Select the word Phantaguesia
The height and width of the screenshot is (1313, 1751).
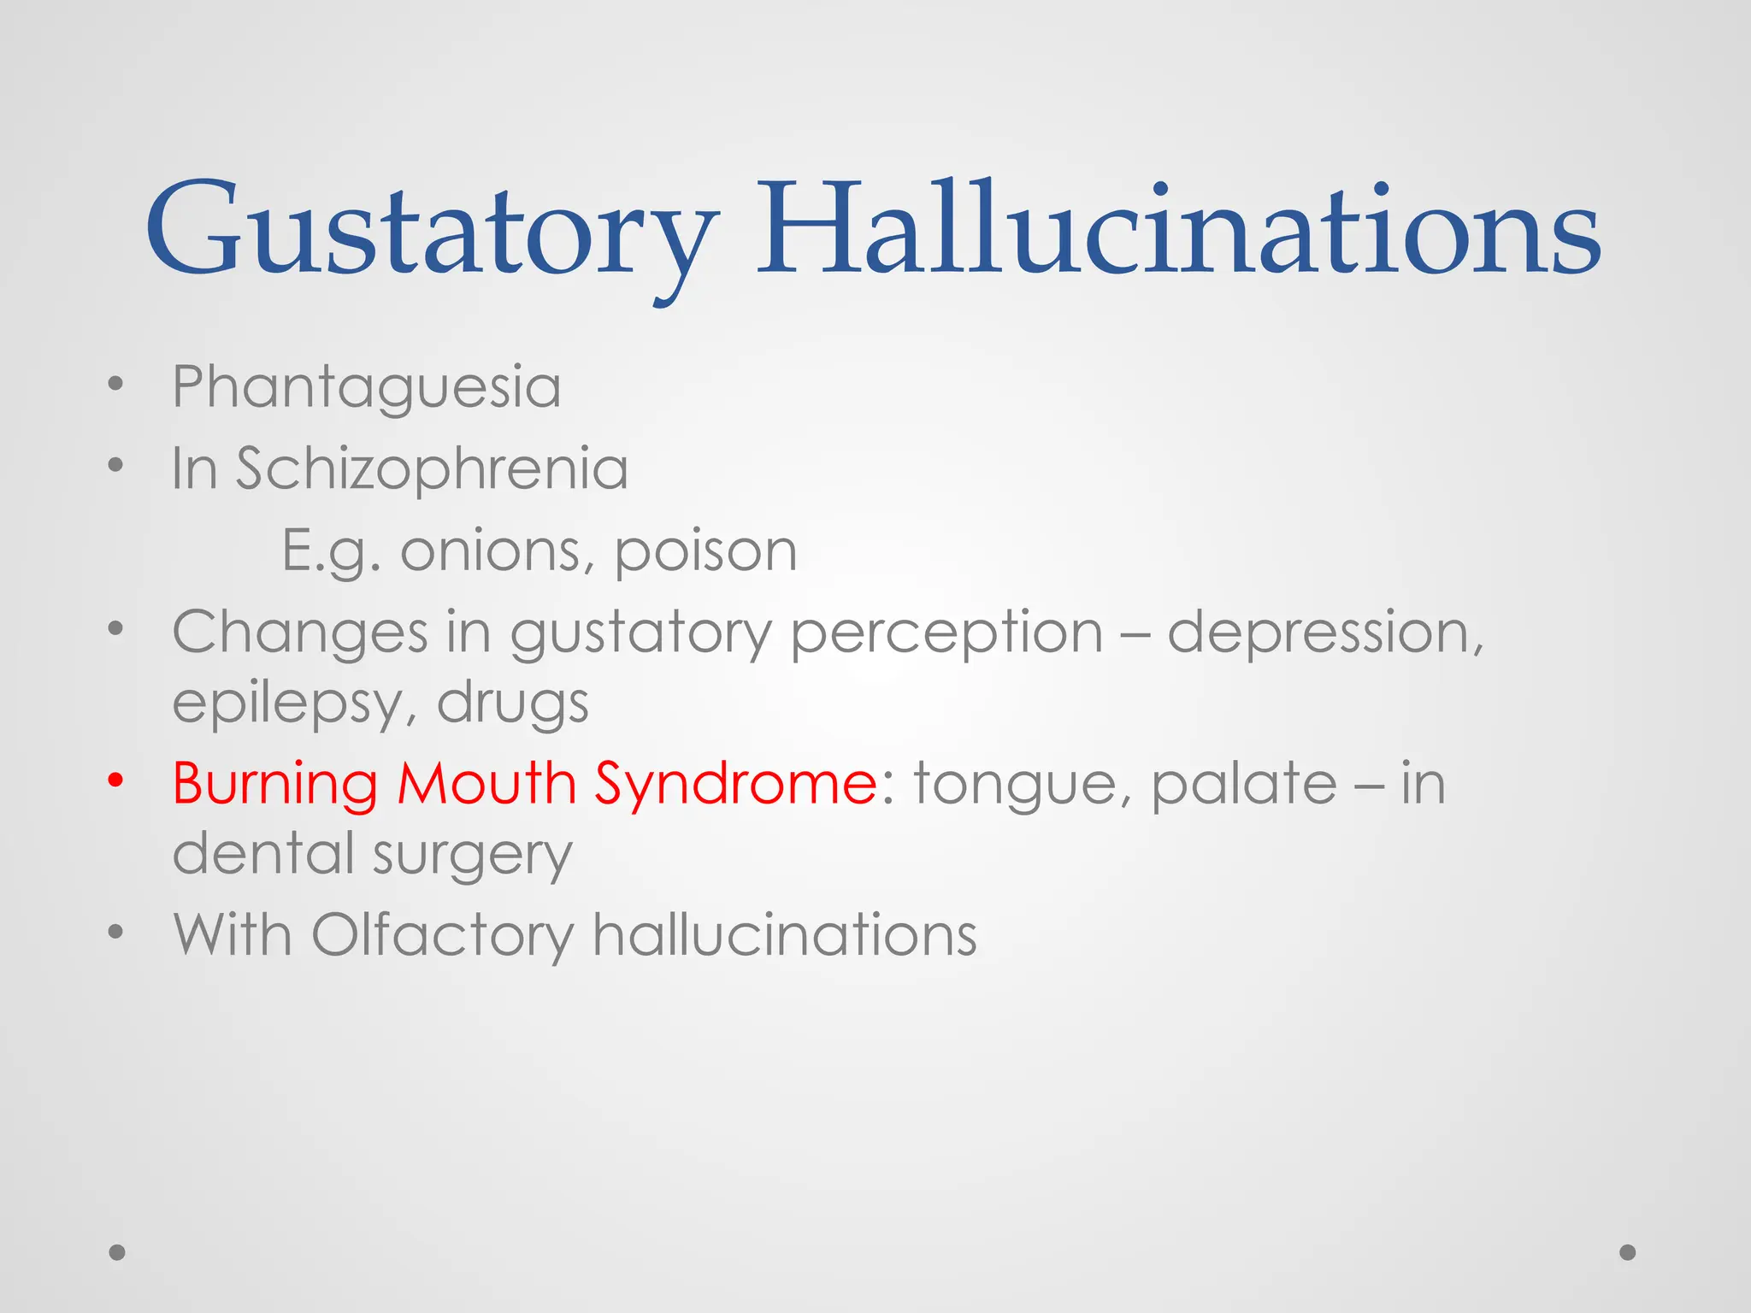pos(367,387)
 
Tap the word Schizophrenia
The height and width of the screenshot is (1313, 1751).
pos(432,468)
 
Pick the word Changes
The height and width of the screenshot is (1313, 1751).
pos(300,633)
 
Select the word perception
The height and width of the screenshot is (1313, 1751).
pos(946,633)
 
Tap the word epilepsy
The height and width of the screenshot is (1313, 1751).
pos(286,704)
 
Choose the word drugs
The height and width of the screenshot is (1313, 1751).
pos(513,704)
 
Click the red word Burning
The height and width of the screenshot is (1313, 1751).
pos(274,783)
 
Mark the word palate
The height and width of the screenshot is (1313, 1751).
pos(1244,783)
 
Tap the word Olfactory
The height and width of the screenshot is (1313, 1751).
pos(443,934)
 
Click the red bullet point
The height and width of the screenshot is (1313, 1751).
pos(116,780)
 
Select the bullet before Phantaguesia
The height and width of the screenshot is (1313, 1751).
pos(116,384)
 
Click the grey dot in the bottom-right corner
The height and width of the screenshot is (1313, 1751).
pos(1628,1252)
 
